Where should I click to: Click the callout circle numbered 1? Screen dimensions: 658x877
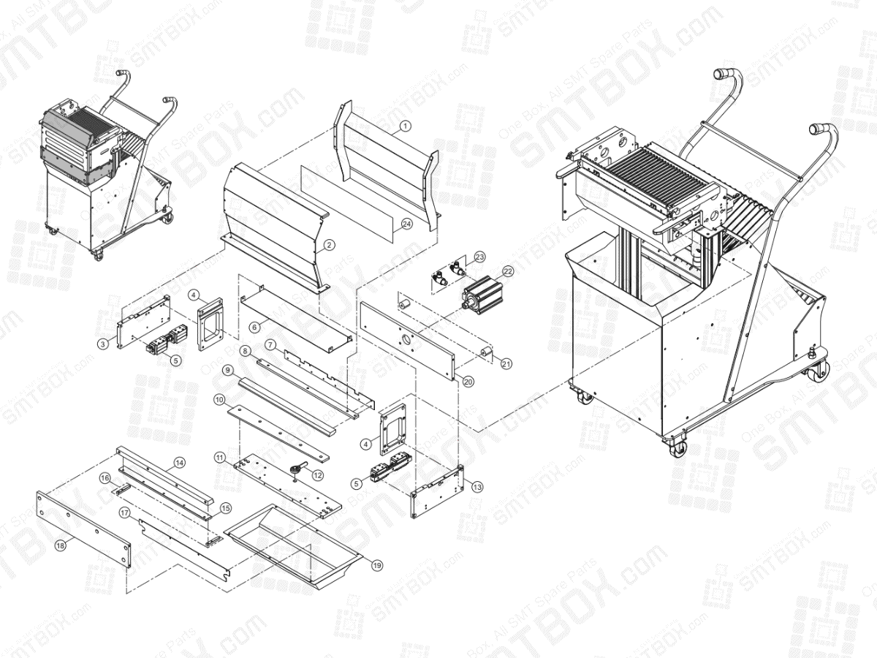[x=406, y=126]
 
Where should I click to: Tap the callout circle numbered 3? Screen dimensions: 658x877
[x=104, y=343]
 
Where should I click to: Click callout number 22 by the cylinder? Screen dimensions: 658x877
[x=507, y=271]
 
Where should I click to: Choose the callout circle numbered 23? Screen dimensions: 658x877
[x=479, y=257]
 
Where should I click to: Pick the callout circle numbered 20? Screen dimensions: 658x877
[x=468, y=381]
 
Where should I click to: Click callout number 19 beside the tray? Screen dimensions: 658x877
[x=377, y=564]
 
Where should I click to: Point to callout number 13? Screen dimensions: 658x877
[x=477, y=486]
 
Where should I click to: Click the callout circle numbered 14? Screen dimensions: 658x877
[x=179, y=462]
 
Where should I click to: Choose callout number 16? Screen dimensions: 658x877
[x=105, y=477]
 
